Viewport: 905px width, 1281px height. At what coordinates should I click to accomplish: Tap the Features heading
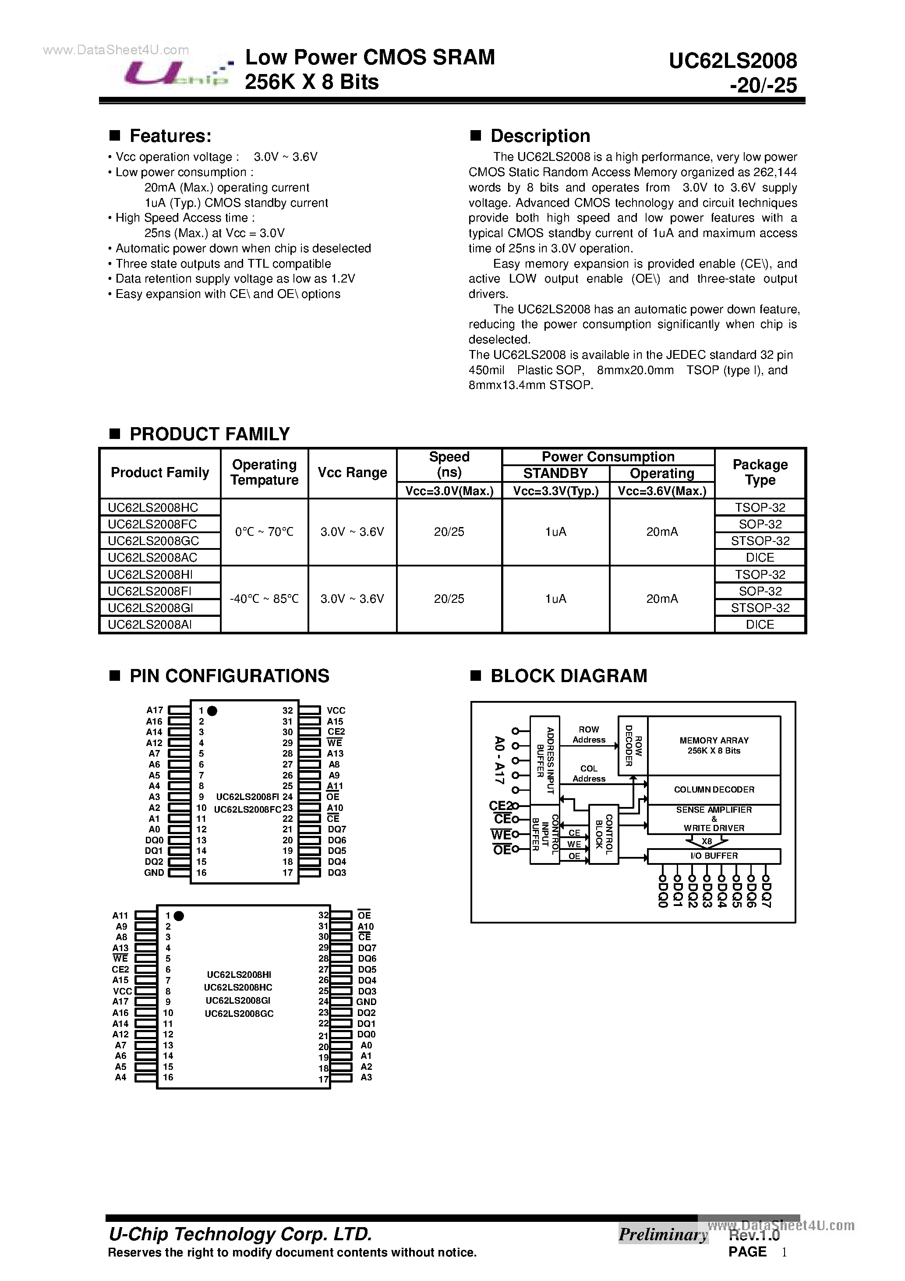[x=170, y=136]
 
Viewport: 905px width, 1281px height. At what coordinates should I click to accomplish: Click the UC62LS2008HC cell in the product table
[x=153, y=507]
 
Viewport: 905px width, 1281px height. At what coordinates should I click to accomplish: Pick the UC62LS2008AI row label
[x=149, y=624]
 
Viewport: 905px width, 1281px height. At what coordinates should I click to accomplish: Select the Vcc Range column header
[x=352, y=473]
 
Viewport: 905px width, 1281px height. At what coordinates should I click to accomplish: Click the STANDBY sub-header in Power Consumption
[x=555, y=473]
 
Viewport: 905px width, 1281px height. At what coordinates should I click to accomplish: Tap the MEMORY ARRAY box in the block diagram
[x=714, y=745]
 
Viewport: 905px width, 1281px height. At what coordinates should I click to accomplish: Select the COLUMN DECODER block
[x=714, y=789]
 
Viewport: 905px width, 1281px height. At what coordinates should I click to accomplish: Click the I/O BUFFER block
[x=714, y=856]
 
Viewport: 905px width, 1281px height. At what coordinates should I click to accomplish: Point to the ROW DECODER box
[x=633, y=745]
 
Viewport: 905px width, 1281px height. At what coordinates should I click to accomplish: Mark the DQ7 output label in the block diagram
[x=766, y=893]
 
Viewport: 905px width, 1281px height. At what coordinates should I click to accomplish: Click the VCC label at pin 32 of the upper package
[x=336, y=710]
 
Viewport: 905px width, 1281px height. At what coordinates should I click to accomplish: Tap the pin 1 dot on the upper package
[x=212, y=711]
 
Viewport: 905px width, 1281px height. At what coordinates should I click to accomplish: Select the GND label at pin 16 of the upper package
[x=154, y=873]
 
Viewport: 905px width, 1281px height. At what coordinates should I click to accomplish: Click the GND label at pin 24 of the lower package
[x=366, y=1002]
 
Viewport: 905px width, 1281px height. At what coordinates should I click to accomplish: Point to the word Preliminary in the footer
[x=663, y=1234]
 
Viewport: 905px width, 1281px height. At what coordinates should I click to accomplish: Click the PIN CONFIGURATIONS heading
[x=230, y=676]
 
